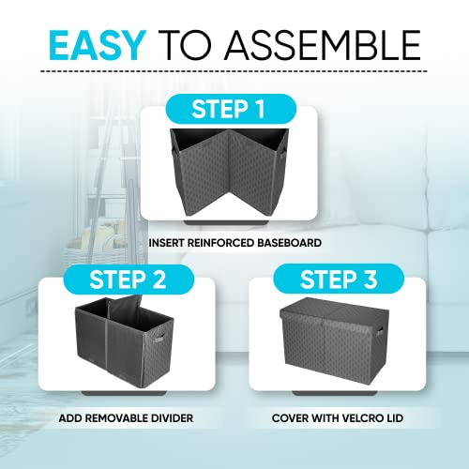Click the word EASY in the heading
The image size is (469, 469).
(98, 45)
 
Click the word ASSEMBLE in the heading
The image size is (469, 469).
(323, 45)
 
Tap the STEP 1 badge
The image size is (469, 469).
(231, 109)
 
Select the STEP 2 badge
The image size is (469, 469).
(129, 280)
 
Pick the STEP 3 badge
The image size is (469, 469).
(339, 279)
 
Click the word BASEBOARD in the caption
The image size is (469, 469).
(289, 243)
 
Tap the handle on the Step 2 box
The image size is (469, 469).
(159, 338)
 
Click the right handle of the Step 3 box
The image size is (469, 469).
(379, 331)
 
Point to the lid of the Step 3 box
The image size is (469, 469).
(330, 309)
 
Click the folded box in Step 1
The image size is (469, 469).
(229, 173)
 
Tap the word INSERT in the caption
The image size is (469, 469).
(166, 243)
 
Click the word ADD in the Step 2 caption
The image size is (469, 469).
(70, 418)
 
